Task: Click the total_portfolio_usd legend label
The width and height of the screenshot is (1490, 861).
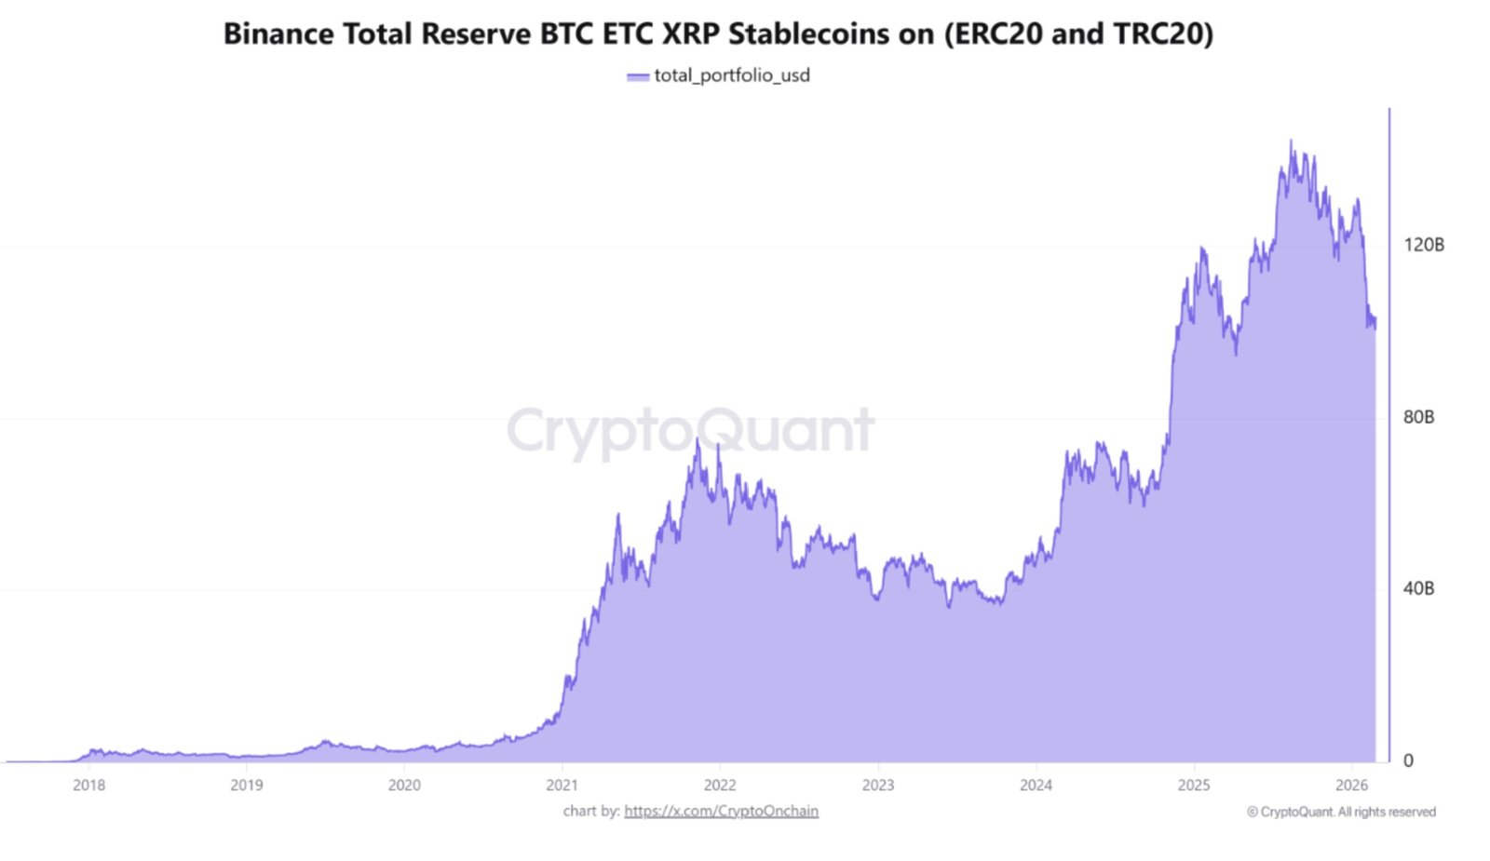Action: tap(732, 75)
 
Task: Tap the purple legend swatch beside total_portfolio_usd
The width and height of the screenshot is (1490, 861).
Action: tap(638, 77)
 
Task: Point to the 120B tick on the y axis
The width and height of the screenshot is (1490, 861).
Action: tap(1424, 245)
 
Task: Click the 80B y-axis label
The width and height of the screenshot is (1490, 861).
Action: tap(1418, 417)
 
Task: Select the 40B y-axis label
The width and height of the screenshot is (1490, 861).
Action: tap(1418, 588)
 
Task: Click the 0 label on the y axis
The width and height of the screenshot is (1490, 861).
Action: tap(1408, 760)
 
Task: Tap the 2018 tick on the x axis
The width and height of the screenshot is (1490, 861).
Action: tap(88, 785)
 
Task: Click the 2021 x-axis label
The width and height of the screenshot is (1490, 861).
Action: tap(562, 785)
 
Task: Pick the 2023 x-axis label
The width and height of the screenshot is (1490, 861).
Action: tap(877, 785)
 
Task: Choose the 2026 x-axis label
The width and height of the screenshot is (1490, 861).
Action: tap(1351, 785)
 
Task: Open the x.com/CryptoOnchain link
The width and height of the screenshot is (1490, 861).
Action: tap(721, 811)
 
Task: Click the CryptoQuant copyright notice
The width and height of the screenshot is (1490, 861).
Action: tap(1341, 812)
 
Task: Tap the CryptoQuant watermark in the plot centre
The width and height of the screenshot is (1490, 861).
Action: tap(690, 430)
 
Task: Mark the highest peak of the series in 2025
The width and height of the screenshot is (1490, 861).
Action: tap(1291, 141)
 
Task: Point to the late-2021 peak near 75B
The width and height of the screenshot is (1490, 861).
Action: tap(697, 440)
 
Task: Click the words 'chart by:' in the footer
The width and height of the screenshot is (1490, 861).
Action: tap(590, 811)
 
